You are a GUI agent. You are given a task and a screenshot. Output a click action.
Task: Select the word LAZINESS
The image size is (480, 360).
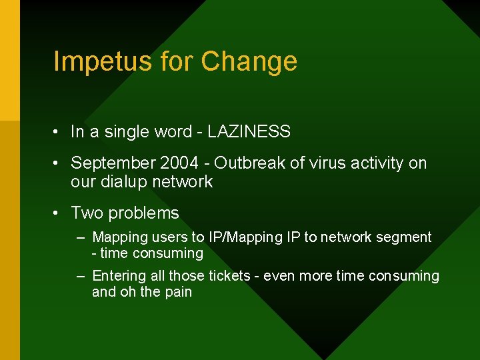(249, 132)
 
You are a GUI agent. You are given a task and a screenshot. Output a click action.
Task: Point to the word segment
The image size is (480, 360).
(405, 237)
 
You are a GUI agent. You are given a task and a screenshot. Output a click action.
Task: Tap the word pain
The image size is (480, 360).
(178, 292)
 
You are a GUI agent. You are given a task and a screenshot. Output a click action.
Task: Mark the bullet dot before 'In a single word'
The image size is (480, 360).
(59, 132)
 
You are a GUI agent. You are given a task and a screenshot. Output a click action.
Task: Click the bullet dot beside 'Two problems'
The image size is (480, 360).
(59, 213)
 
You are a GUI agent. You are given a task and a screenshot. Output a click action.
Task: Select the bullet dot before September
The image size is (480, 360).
(59, 163)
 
